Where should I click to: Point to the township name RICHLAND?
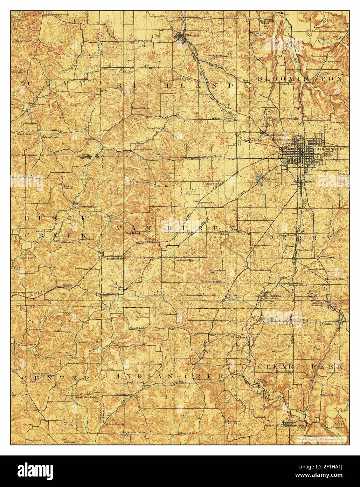point(175,86)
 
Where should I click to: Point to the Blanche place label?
point(162,186)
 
